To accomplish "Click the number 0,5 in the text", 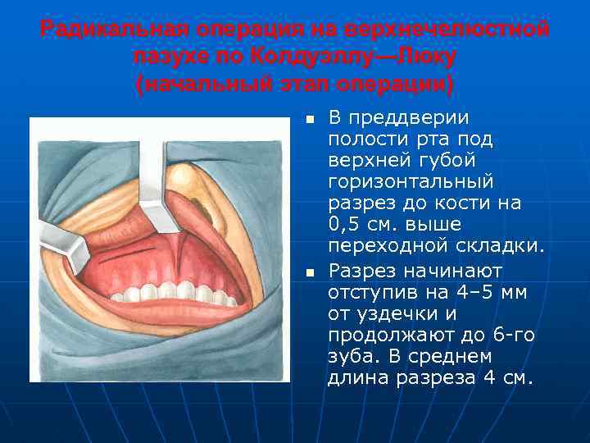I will (345, 224).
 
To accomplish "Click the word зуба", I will (352, 357).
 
